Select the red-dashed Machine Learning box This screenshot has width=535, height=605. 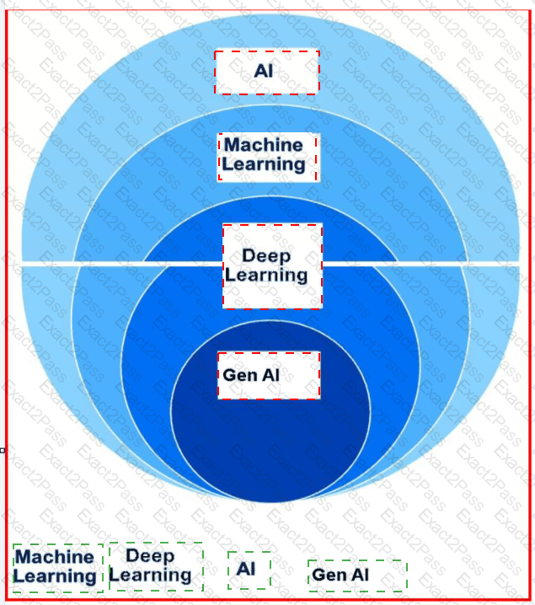267,156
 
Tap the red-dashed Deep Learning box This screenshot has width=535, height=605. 272,265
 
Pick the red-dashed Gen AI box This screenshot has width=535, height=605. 269,375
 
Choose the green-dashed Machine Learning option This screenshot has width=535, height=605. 57,567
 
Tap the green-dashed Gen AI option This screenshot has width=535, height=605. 356,576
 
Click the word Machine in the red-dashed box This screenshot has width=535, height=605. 263,146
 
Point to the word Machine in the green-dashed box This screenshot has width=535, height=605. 55,557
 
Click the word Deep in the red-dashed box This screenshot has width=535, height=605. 266,256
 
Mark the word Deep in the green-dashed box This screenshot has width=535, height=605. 150,556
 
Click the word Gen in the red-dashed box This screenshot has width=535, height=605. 238,374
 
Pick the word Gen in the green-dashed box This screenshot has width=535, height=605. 327,576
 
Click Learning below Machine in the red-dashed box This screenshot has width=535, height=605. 264,164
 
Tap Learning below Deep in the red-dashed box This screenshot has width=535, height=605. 266,275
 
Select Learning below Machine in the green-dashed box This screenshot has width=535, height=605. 55,576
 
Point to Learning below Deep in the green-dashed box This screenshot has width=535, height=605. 151,576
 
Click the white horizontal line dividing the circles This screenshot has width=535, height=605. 101,265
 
